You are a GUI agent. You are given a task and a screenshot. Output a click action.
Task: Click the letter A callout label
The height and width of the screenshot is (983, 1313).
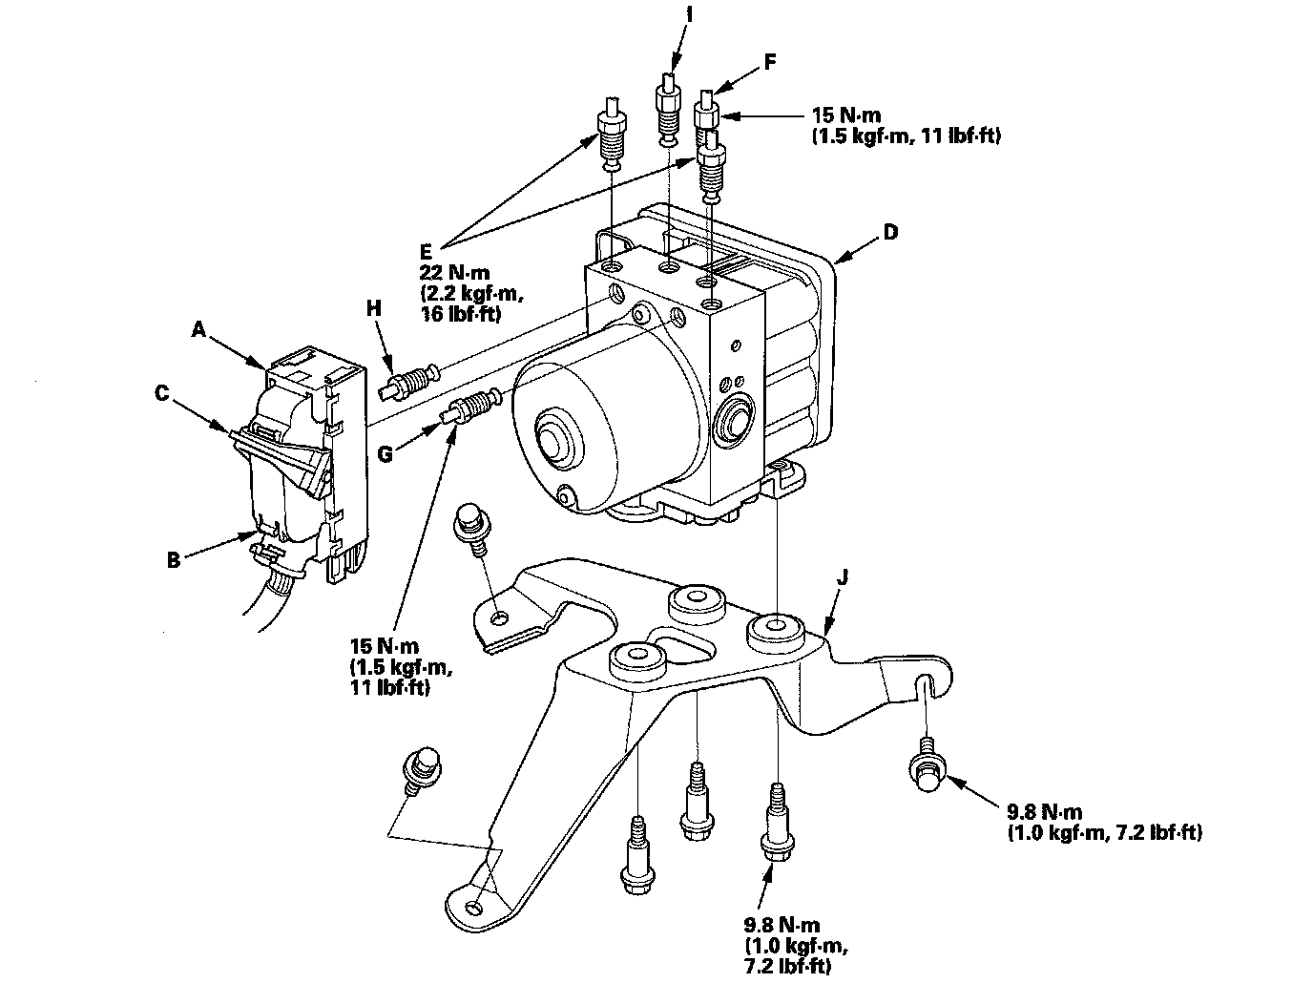point(198,329)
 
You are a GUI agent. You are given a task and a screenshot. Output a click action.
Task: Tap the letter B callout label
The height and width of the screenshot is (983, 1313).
point(173,560)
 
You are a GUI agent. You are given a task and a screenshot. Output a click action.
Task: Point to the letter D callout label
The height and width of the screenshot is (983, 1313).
point(890,231)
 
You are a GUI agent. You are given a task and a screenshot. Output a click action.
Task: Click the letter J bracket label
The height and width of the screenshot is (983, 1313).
point(841,578)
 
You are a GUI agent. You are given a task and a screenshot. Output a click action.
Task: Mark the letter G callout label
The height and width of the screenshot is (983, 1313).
point(386,454)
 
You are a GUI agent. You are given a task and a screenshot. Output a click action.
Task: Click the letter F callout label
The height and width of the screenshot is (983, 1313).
point(769,63)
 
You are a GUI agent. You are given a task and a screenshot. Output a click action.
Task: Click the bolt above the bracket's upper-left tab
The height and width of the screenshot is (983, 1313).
point(469,524)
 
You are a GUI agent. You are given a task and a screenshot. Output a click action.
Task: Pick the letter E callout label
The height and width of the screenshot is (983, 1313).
point(426,252)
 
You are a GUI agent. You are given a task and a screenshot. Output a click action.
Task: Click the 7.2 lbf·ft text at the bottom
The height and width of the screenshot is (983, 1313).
point(789,968)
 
